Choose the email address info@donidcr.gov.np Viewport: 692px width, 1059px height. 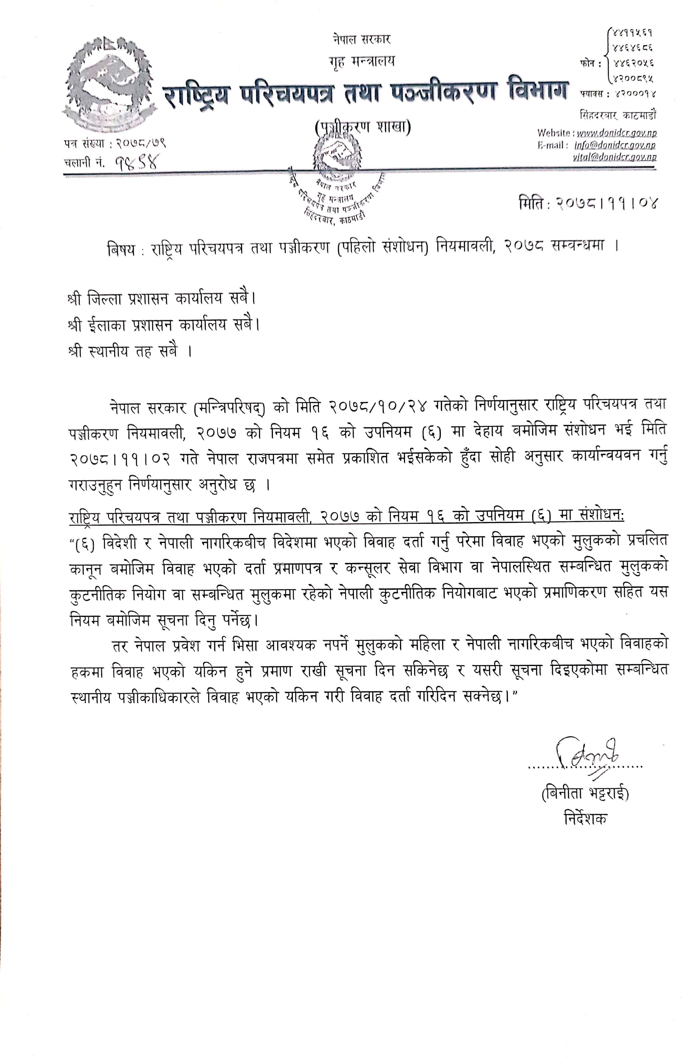click(x=614, y=145)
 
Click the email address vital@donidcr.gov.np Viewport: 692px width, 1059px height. click(x=614, y=157)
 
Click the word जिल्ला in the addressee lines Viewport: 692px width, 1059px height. click(x=105, y=298)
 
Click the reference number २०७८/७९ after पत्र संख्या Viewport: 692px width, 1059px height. click(x=141, y=143)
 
